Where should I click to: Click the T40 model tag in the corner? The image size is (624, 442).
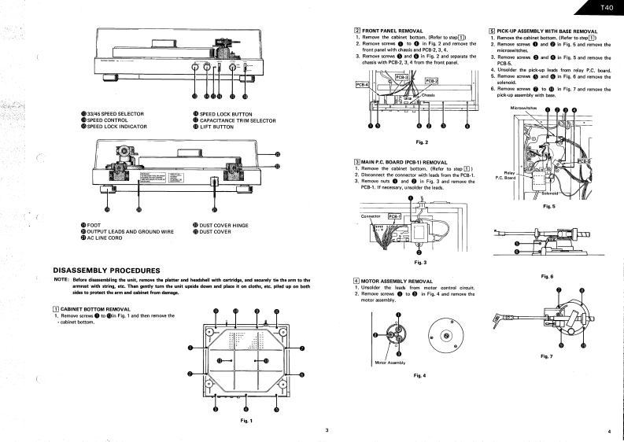[x=605, y=9]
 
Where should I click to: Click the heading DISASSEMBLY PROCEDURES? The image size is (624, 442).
[x=106, y=271]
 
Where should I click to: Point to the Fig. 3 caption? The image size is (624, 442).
[x=419, y=261]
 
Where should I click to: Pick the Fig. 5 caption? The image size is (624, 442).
[x=549, y=206]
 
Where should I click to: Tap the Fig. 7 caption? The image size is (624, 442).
[x=548, y=356]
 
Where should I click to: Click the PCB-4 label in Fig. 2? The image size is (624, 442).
[x=362, y=84]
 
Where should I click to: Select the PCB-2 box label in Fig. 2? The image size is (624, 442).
[x=431, y=80]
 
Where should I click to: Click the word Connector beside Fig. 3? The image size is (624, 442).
[x=371, y=215]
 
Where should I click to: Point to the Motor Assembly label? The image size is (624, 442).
[x=390, y=362]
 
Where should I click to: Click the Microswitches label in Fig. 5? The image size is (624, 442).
[x=524, y=107]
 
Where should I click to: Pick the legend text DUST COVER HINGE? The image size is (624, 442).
[x=224, y=225]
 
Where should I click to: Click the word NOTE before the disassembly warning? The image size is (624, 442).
[x=60, y=280]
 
